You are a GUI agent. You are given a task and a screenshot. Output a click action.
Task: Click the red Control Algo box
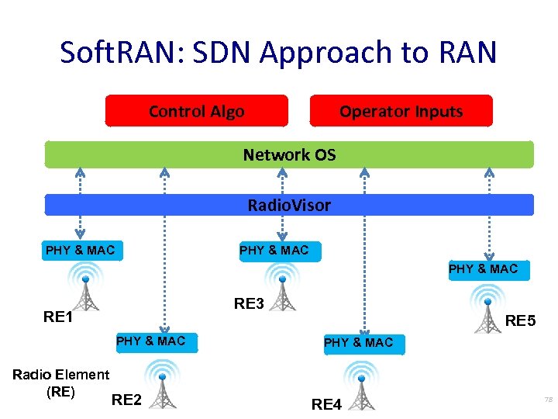point(196,111)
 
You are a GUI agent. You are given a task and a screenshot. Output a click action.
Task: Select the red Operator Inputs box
point(401,111)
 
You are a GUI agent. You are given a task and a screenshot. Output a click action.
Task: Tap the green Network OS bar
point(289,154)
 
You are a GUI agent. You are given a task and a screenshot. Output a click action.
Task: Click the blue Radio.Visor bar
point(289,205)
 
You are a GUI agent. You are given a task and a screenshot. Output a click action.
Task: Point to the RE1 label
point(58,317)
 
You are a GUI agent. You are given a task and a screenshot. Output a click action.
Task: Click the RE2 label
point(126,400)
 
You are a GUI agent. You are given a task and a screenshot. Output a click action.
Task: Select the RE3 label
point(249,304)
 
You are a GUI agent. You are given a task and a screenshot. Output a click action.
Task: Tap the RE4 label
point(326,403)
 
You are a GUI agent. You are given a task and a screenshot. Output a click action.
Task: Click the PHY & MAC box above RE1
point(80,250)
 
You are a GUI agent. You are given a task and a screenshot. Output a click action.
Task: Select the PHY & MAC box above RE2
point(150,341)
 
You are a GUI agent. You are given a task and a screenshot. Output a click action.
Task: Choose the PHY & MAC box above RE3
point(274,250)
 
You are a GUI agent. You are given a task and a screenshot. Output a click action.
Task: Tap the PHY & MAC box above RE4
point(358,342)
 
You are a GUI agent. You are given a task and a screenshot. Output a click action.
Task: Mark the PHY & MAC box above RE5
point(483,269)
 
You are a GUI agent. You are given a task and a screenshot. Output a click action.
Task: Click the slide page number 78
point(548,400)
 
